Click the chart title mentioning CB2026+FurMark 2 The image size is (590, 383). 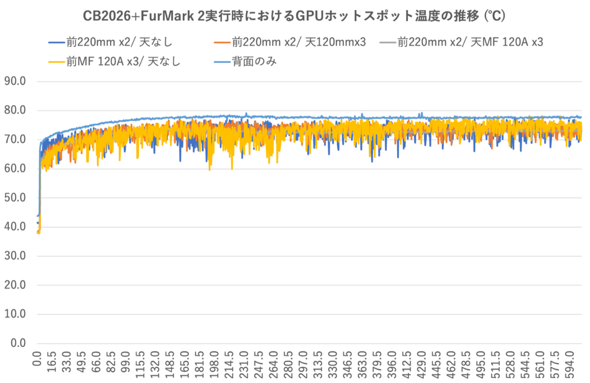[x=294, y=16]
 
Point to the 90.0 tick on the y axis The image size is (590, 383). [x=15, y=81]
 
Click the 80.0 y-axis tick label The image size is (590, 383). [x=15, y=110]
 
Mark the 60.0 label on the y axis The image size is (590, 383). [x=15, y=168]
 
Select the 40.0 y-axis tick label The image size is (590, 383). [x=15, y=227]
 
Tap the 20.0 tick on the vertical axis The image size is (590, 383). [x=15, y=285]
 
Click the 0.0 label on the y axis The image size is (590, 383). [x=18, y=343]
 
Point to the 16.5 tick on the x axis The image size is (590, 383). [x=52, y=361]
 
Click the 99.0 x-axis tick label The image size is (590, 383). [x=126, y=361]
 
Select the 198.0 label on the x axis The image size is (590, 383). [x=214, y=364]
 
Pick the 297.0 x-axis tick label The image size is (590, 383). [x=303, y=364]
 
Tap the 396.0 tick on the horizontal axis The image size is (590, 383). [x=392, y=364]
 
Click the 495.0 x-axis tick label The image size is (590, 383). [x=480, y=364]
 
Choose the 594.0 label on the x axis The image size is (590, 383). [x=569, y=364]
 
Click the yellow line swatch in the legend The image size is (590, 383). [x=57, y=62]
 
